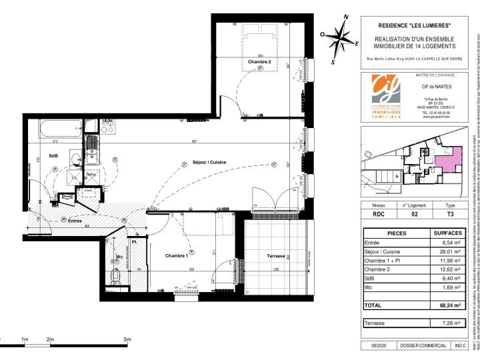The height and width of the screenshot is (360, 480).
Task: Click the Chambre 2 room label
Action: click(259, 62)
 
